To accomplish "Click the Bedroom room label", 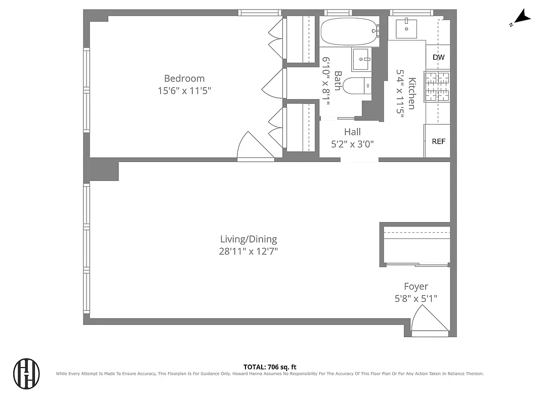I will (184, 78).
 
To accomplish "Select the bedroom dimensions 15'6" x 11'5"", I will (184, 91).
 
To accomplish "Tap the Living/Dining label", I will (248, 239).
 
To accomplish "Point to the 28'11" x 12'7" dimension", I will (248, 251).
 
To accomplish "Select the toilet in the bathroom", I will (356, 87).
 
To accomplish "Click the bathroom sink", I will (362, 60).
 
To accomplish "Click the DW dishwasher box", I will (438, 57).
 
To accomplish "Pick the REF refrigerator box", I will (438, 141).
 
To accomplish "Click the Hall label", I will (352, 132).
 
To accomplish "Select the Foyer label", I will (416, 287).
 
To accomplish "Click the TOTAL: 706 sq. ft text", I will (270, 367).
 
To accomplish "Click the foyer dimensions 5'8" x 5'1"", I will (416, 299).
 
